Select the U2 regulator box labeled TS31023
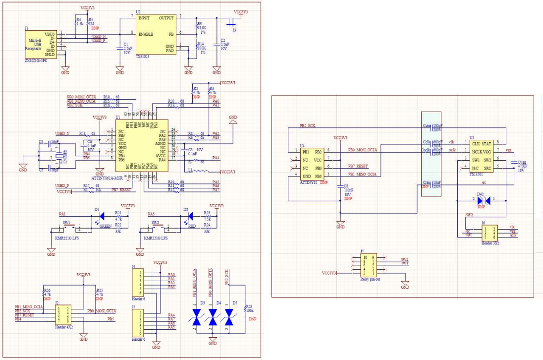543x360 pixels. [155, 34]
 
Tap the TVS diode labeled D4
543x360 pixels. [213, 317]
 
